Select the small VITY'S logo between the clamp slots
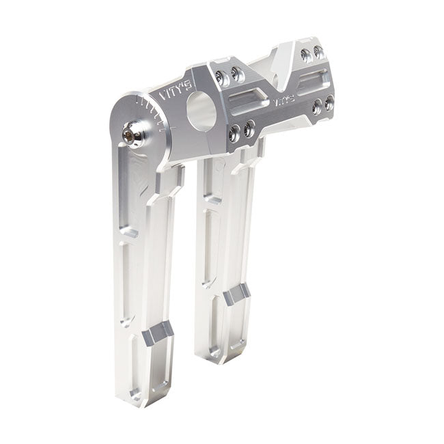point(282,100)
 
